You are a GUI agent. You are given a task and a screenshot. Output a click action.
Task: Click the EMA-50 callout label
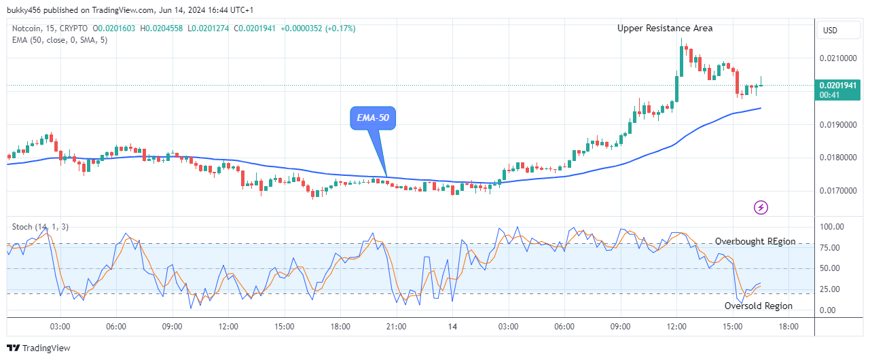pyautogui.click(x=374, y=118)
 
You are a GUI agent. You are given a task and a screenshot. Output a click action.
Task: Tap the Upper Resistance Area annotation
pyautogui.click(x=664, y=28)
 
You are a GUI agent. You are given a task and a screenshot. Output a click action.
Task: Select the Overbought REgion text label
pyautogui.click(x=755, y=241)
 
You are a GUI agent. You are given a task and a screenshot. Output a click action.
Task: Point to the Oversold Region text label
pyautogui.click(x=758, y=306)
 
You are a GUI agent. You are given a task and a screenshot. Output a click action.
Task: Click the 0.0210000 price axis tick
pyautogui.click(x=840, y=58)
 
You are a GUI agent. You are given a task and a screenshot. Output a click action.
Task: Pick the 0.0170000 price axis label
pyautogui.click(x=840, y=191)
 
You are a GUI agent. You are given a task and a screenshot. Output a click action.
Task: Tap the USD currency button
pyautogui.click(x=830, y=31)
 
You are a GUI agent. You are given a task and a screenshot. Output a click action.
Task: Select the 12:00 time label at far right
pyautogui.click(x=676, y=327)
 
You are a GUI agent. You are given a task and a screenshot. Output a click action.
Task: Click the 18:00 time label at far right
pyautogui.click(x=789, y=327)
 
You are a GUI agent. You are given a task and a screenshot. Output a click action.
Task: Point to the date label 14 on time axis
pyautogui.click(x=452, y=327)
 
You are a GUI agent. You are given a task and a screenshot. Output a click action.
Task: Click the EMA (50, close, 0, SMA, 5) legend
pyautogui.click(x=60, y=39)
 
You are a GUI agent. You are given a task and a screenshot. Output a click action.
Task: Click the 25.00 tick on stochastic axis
pyautogui.click(x=832, y=289)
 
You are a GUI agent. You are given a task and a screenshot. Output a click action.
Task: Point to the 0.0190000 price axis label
pyautogui.click(x=840, y=125)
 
